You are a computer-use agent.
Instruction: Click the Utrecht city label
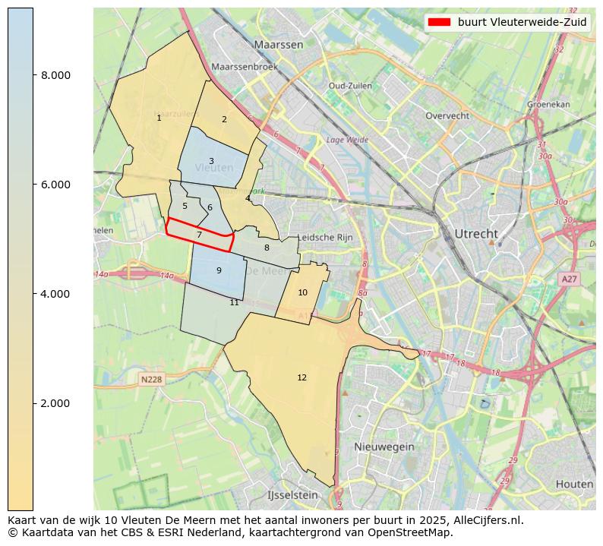476,233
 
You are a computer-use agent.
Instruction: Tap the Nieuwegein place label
384,447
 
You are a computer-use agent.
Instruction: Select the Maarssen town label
279,45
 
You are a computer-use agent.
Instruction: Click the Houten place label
573,484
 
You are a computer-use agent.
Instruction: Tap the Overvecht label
447,116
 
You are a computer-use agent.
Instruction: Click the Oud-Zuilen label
350,86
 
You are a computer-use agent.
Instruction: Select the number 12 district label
302,377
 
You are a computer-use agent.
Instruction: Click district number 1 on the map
159,118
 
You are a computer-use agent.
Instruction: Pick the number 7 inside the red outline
199,235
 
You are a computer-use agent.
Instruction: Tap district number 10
302,292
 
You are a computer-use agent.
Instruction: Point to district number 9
219,270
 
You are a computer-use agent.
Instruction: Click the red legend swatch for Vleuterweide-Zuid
440,22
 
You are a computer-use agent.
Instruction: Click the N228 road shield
152,379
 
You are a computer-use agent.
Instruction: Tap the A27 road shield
569,279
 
